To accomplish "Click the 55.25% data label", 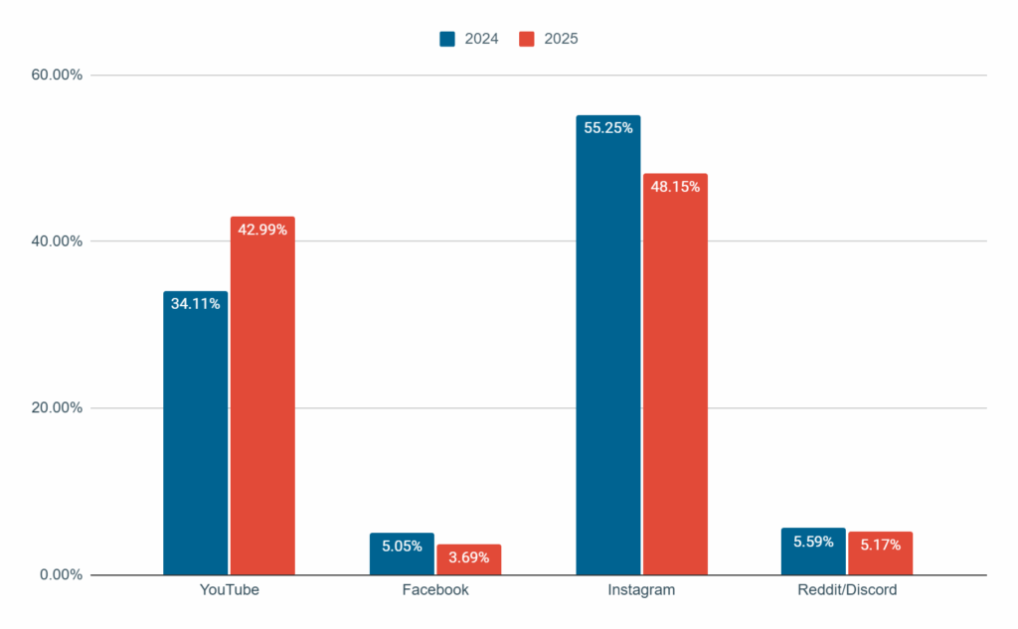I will (x=608, y=127).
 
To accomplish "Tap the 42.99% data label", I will (x=262, y=230).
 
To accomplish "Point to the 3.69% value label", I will (x=468, y=557).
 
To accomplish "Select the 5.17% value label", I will (x=880, y=545).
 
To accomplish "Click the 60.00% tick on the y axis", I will (x=59, y=76).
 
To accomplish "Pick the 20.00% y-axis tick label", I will (x=59, y=408).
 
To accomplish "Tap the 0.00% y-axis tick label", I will (x=62, y=574).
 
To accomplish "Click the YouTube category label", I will (x=229, y=590).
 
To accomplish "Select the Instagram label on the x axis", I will (x=641, y=590).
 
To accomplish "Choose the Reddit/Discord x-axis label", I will (x=847, y=590).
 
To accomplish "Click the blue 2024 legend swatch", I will (x=447, y=39).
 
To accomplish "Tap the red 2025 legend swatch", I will (x=527, y=39).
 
